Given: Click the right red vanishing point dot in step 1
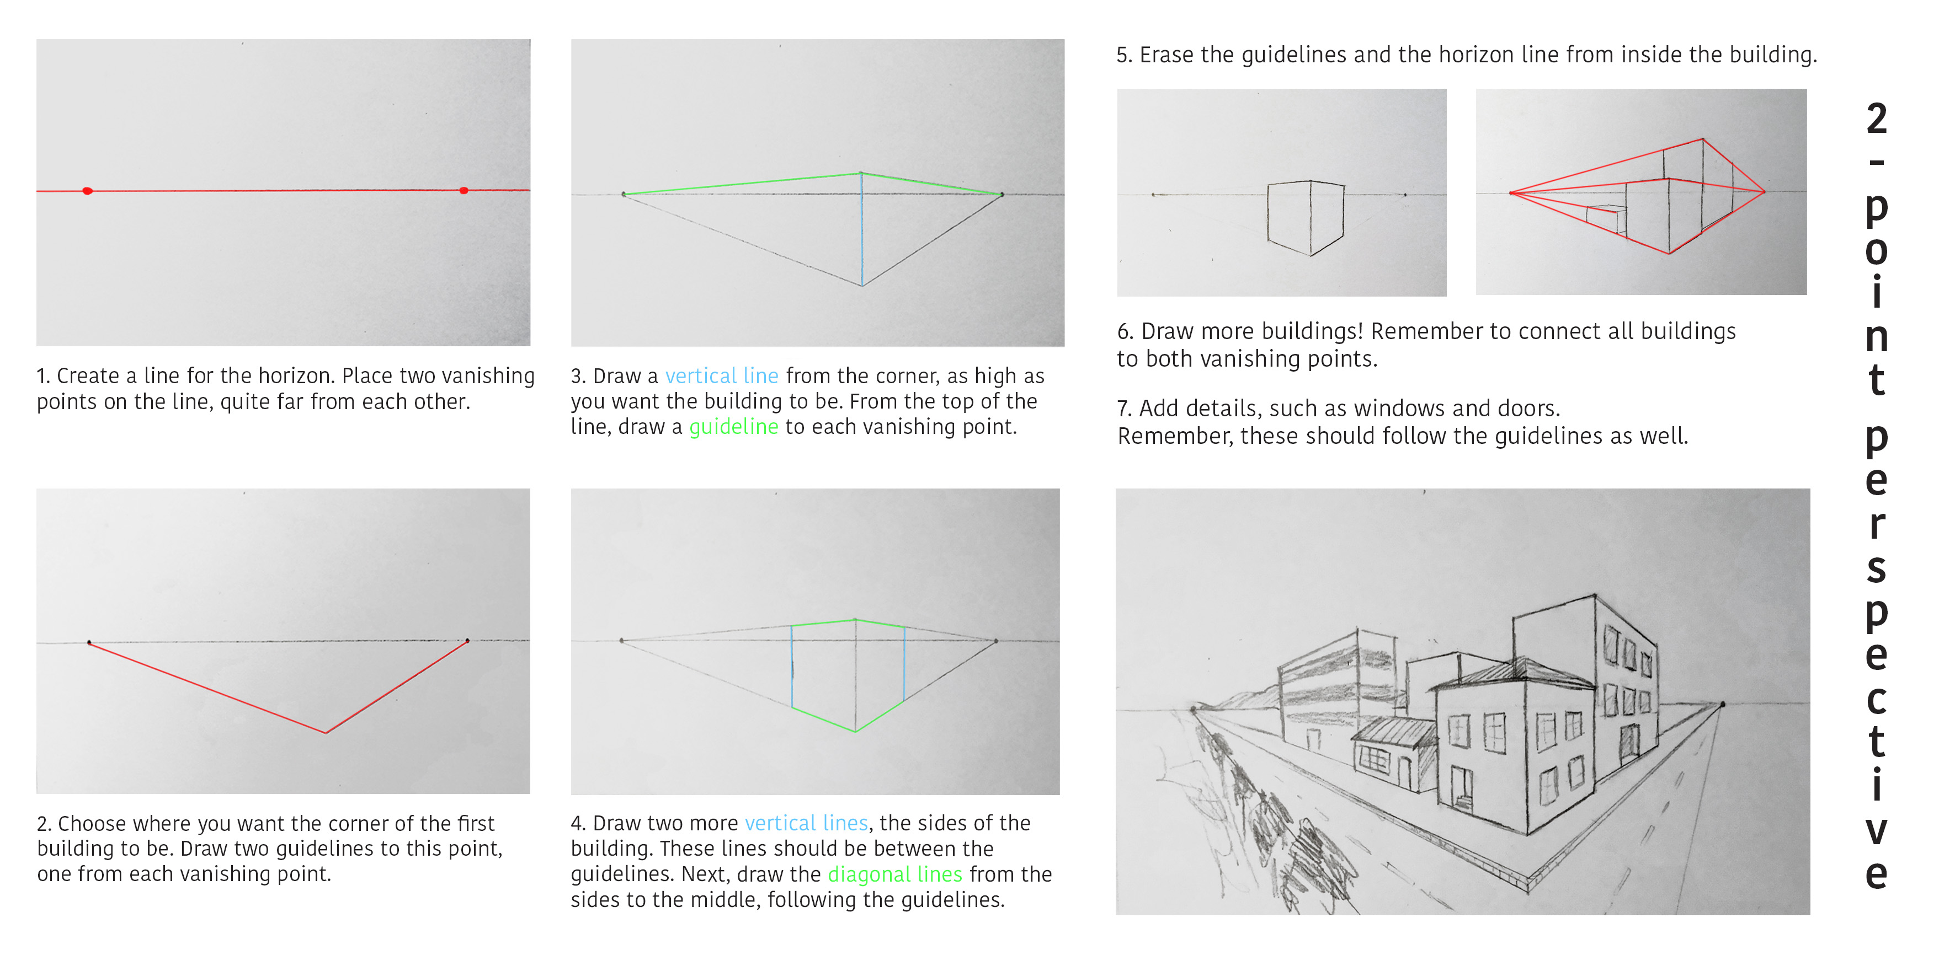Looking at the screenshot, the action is coord(464,190).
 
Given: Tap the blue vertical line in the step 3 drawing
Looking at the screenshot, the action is coord(861,229).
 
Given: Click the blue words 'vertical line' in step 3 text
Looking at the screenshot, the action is coord(722,375).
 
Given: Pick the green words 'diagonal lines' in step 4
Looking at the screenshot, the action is coord(895,874).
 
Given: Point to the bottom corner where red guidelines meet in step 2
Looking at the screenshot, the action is coord(326,733).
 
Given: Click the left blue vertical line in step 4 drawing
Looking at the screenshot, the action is coord(792,667).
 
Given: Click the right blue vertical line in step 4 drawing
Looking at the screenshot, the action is coord(904,664).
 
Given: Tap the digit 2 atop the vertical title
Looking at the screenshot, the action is coord(1876,119).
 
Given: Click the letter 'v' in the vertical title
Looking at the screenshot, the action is coord(1876,830).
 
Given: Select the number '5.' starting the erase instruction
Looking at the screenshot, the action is coord(1124,55).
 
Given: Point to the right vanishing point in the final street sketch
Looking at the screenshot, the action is coord(1722,705).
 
